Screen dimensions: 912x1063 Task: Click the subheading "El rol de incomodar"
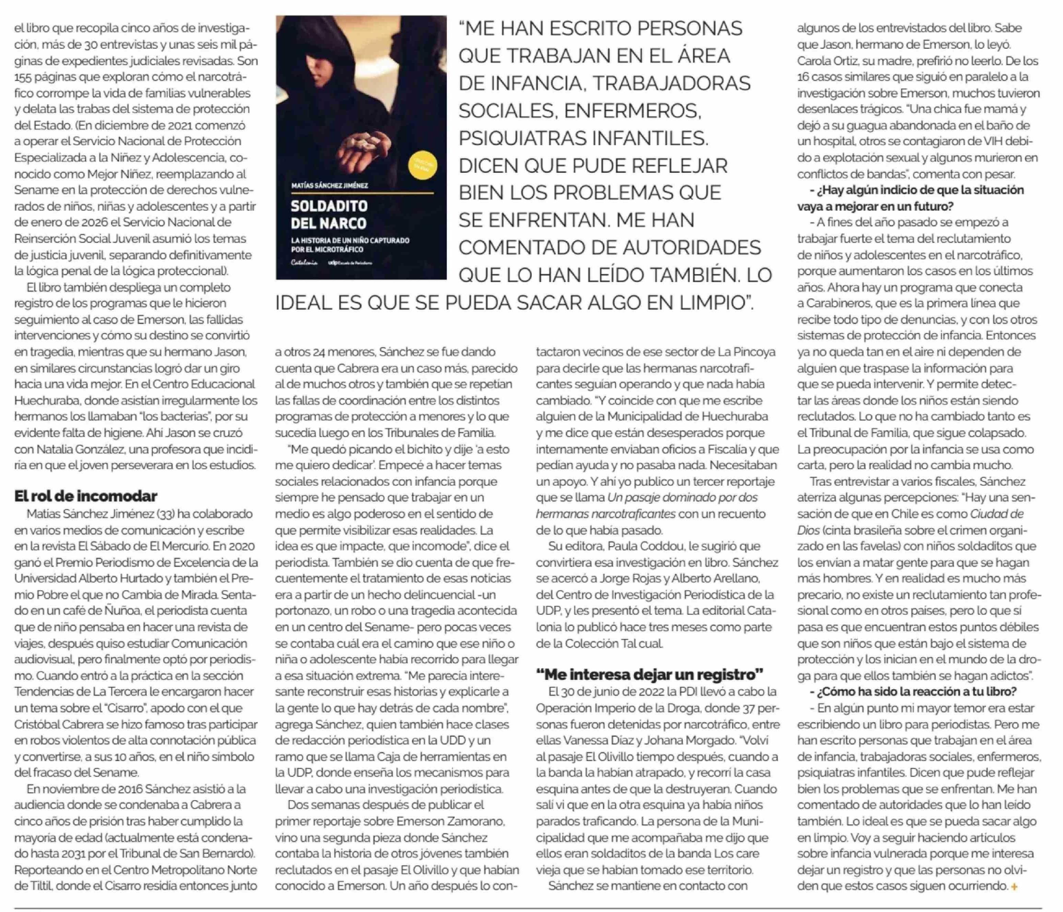click(x=86, y=496)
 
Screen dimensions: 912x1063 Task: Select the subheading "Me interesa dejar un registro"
click(x=650, y=674)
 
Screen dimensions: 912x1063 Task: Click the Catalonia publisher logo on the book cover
click(x=304, y=263)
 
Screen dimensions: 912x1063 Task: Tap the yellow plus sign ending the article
click(x=1014, y=887)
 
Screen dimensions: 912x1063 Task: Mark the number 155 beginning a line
click(x=23, y=77)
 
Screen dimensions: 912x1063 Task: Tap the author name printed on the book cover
click(x=329, y=185)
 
